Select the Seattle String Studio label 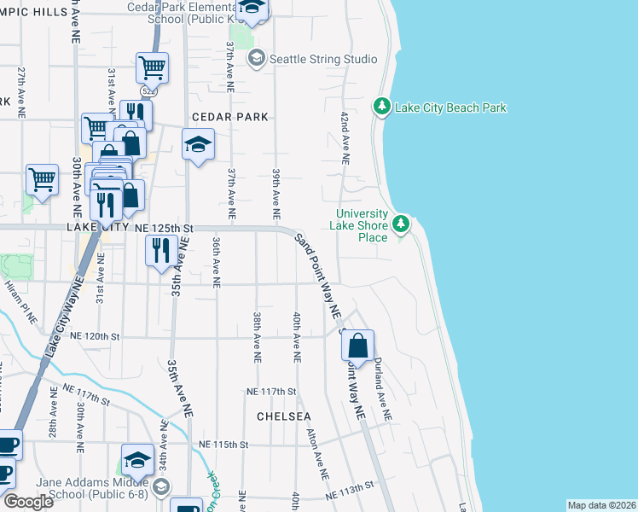[x=322, y=59]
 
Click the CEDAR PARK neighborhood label [x=230, y=116]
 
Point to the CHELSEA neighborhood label [x=284, y=416]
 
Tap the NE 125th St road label [x=165, y=229]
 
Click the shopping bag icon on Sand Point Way [x=358, y=346]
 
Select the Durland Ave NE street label [x=380, y=388]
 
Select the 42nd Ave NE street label [x=345, y=137]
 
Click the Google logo [x=28, y=502]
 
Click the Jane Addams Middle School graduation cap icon [x=136, y=460]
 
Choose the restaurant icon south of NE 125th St [x=159, y=250]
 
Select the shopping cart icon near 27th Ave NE [x=42, y=180]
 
